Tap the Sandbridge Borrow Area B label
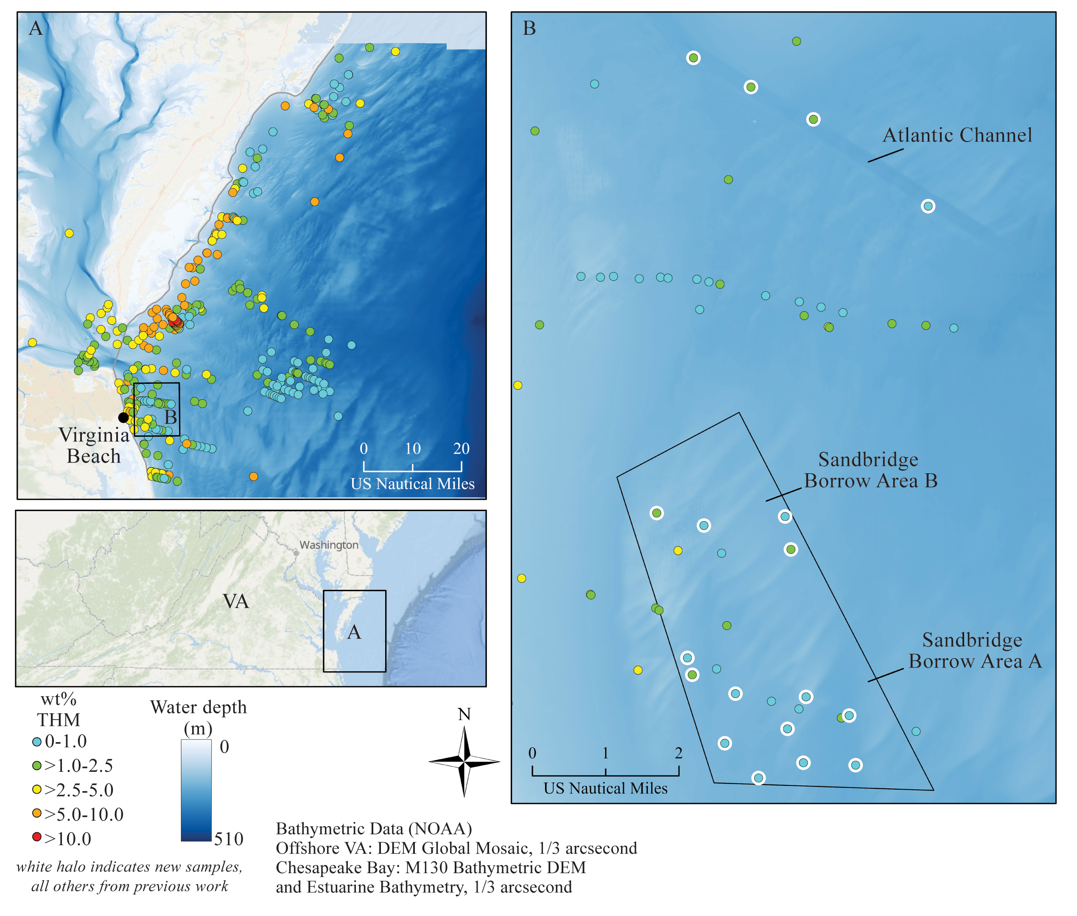[870, 470]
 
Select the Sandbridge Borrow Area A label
[975, 650]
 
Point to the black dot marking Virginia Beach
[123, 417]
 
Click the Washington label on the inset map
[329, 545]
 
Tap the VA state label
[236, 601]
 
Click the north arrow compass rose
[464, 761]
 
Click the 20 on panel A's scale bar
[461, 449]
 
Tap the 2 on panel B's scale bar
[678, 753]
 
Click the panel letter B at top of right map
[529, 28]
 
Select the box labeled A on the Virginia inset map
[354, 631]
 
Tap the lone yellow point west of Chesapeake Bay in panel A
[69, 233]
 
